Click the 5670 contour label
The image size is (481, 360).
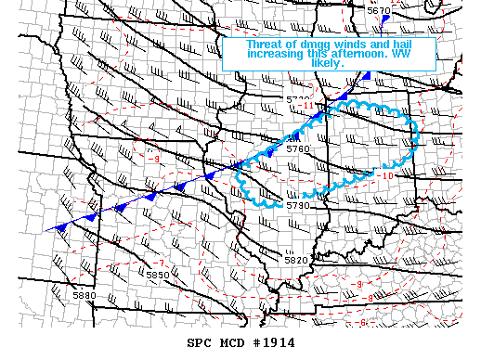click(379, 10)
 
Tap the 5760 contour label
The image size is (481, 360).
click(298, 148)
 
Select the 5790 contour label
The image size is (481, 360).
click(297, 205)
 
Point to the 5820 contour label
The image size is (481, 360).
click(295, 260)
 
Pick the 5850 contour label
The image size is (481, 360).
click(158, 275)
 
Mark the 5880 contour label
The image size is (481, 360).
click(84, 296)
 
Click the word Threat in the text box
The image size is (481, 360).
click(265, 44)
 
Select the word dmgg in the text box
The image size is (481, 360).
click(314, 44)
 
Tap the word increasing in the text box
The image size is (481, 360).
click(276, 54)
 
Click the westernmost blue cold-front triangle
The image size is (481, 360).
click(61, 225)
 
